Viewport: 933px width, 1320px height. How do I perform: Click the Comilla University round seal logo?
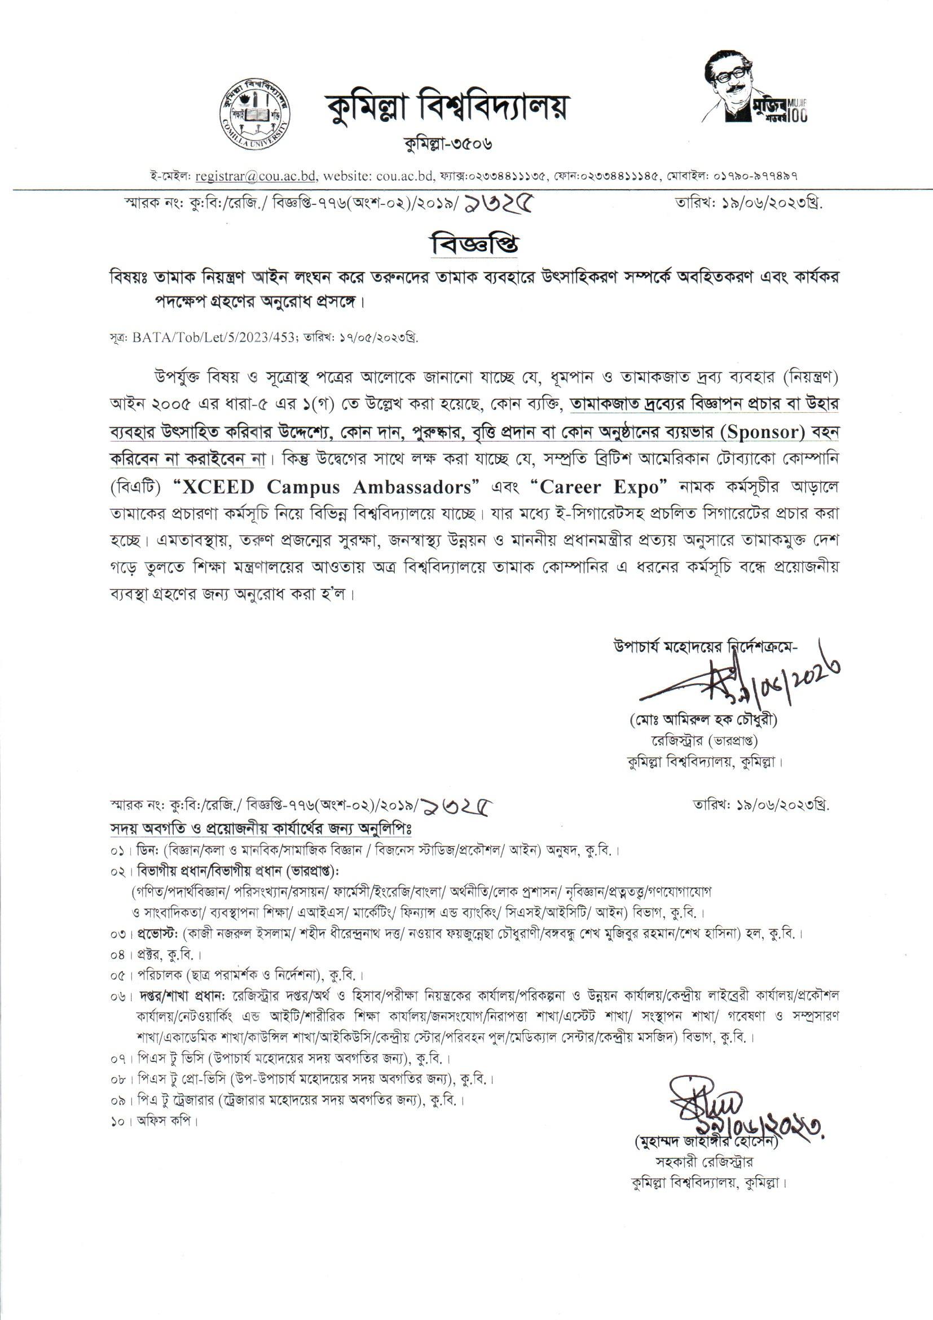point(254,115)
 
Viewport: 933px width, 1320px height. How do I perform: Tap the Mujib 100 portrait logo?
point(753,87)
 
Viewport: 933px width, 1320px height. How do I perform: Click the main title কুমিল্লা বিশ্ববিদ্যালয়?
point(444,107)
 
